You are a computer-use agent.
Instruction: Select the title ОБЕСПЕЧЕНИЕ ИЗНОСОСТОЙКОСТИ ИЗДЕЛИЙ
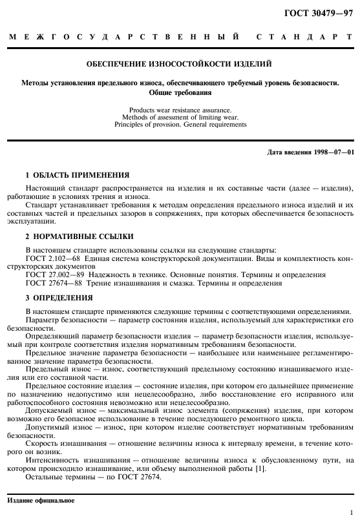click(180, 64)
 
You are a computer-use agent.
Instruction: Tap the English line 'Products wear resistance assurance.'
click(180, 110)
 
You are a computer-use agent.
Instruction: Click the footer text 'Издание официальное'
click(40, 501)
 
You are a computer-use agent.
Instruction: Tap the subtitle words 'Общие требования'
click(180, 92)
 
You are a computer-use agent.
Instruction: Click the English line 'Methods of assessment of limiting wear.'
click(180, 117)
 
